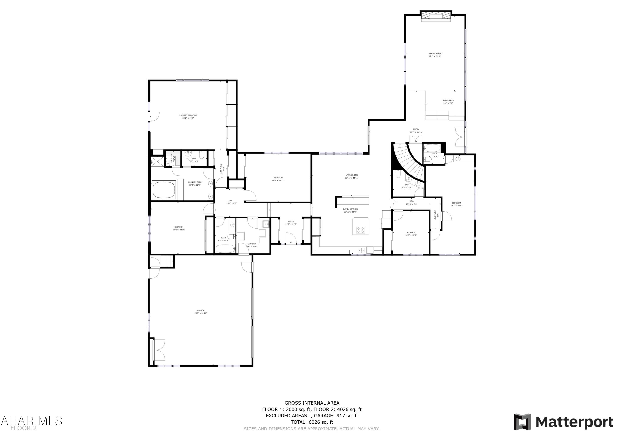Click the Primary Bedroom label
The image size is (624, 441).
tap(188, 115)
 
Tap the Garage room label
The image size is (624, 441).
tap(201, 310)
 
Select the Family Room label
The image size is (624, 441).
tap(435, 53)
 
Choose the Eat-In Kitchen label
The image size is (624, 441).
tap(350, 209)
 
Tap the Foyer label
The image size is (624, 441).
tap(291, 221)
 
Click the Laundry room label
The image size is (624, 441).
tap(251, 244)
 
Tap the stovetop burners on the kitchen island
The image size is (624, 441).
tap(361, 230)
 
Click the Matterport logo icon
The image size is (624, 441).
tap(522, 422)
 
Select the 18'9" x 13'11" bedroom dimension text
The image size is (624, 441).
tap(278, 180)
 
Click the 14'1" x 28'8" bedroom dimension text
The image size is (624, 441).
tap(456, 206)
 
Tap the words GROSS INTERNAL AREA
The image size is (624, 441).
tap(312, 403)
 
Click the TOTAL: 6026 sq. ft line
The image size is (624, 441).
tap(312, 422)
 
